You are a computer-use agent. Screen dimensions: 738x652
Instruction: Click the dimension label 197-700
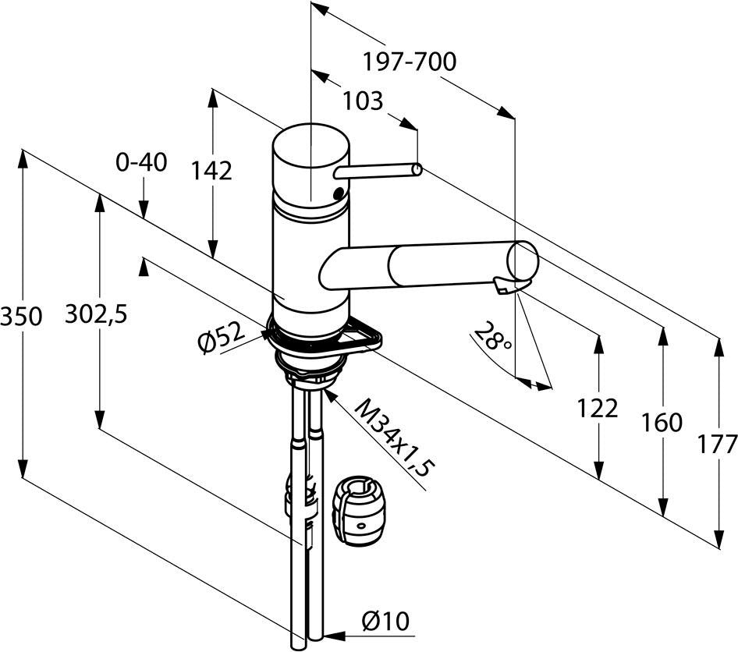click(x=409, y=62)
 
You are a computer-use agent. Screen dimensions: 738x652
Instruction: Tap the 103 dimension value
click(x=363, y=101)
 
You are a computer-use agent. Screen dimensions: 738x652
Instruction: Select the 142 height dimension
click(x=211, y=171)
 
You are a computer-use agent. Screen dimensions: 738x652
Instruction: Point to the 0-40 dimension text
click(x=141, y=162)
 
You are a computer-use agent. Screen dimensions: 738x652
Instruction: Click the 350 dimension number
click(x=21, y=316)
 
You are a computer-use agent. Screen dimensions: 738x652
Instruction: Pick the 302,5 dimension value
click(x=96, y=314)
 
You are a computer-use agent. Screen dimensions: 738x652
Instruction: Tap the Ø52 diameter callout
click(x=222, y=338)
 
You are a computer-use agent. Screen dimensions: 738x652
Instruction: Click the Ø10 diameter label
click(x=385, y=622)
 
